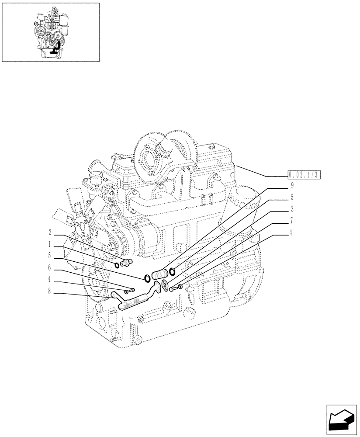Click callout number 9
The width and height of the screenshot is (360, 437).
(291, 186)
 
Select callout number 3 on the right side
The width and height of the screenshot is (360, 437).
(291, 209)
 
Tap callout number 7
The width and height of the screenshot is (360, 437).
(291, 221)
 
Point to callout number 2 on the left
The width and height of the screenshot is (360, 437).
(51, 232)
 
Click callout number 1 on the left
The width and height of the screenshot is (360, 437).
(51, 244)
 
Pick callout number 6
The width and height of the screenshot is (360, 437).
(51, 267)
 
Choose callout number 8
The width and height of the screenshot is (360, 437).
(51, 290)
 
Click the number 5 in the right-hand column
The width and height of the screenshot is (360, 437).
(291, 198)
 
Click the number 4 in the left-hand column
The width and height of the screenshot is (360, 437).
(51, 279)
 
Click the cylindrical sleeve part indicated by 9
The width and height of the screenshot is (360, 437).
(159, 275)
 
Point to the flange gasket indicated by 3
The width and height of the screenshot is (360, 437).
(165, 285)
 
